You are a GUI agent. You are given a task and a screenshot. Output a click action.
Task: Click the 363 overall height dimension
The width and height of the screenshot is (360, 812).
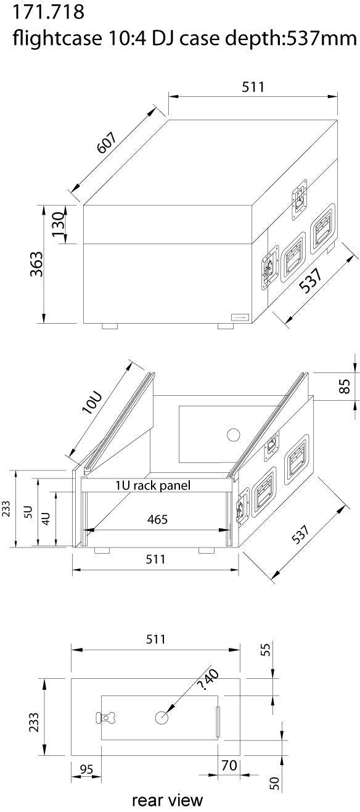(x=38, y=265)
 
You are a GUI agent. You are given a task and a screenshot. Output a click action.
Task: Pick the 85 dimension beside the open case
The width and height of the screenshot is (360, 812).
(x=345, y=386)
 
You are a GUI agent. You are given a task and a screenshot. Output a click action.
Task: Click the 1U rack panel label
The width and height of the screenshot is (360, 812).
(x=152, y=486)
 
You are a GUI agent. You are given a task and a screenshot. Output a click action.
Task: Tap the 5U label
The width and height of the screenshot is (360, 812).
(x=27, y=511)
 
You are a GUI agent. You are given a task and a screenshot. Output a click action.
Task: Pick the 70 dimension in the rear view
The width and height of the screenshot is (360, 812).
(x=229, y=765)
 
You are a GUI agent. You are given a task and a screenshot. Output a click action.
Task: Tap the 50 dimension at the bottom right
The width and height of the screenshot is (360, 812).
(x=276, y=783)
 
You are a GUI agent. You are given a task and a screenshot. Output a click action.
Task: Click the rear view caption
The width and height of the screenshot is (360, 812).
(x=166, y=800)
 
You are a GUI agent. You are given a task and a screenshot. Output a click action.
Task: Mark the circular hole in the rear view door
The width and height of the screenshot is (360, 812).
(x=162, y=718)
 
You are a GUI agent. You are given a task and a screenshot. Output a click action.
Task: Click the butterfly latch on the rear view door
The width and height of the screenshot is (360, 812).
(x=110, y=718)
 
